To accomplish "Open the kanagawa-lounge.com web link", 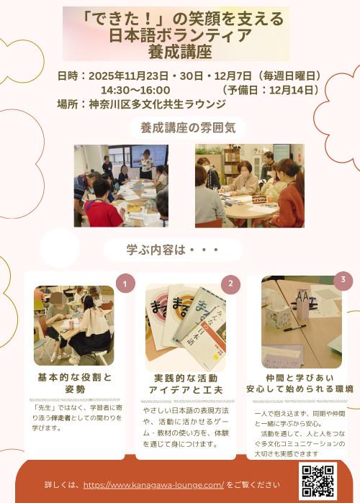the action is coord(153,485).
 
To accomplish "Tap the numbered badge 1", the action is coord(125,284).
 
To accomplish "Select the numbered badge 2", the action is coord(230,284).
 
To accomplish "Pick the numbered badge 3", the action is coord(343,280).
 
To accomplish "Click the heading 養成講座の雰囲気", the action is coord(188,128).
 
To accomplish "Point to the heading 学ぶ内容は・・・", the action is coord(173,250).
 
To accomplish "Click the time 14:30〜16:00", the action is coord(136,90).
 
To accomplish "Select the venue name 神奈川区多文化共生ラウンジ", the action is coord(158,104).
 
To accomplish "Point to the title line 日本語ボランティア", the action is coord(180,35).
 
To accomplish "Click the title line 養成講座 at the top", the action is coord(180,52).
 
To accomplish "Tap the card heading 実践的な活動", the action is coord(186,378).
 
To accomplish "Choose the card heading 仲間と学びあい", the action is coord(300,378).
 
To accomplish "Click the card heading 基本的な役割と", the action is coord(75,377).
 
